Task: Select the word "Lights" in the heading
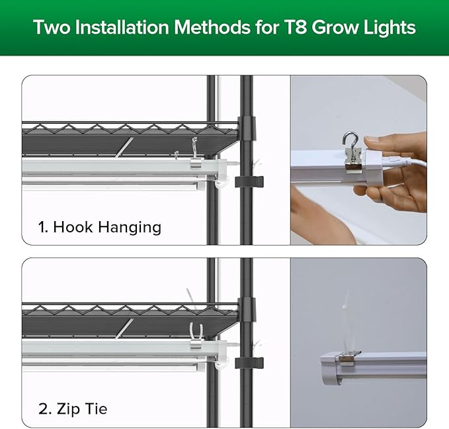click(389, 28)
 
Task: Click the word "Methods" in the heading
click(212, 28)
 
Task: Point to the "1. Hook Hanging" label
click(100, 227)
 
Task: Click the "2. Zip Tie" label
click(73, 408)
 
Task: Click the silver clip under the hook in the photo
click(353, 162)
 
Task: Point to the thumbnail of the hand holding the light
click(358, 160)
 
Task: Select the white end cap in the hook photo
click(374, 167)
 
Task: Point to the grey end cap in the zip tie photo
click(330, 369)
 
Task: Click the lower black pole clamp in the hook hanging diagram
click(249, 182)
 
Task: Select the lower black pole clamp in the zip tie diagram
click(249, 363)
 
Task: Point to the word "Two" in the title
click(52, 28)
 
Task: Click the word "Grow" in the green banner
click(335, 28)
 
